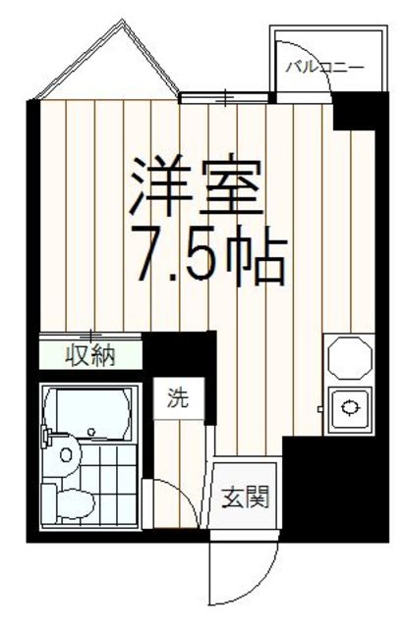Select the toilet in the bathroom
(x=68, y=499)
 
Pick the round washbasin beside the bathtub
(x=66, y=454)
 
